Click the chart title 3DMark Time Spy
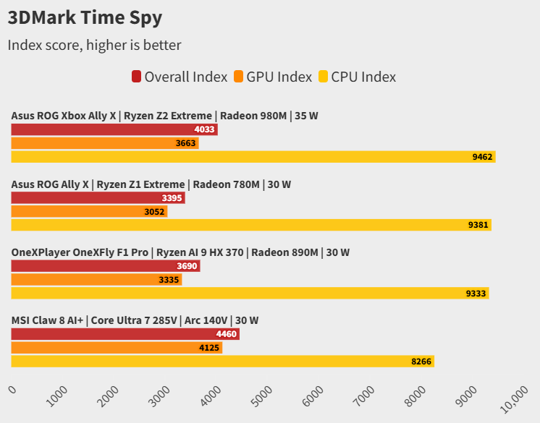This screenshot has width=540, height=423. [85, 17]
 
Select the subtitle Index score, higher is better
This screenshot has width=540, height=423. [94, 45]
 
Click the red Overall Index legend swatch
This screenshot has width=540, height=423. [136, 77]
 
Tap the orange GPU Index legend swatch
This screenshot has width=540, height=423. [238, 77]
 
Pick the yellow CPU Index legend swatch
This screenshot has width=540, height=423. [323, 77]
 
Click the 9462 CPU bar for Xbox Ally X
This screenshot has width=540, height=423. [253, 157]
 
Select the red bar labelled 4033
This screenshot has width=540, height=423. [114, 130]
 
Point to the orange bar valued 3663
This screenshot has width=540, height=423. [104, 143]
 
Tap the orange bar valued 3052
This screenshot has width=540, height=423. [89, 211]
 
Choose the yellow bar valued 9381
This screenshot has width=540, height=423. [250, 225]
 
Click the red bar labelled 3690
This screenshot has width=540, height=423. [105, 266]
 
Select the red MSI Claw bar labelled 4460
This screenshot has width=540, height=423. [125, 334]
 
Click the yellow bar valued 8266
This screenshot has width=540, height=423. [222, 362]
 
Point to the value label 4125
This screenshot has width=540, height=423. [209, 348]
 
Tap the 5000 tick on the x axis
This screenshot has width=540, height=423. [263, 394]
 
